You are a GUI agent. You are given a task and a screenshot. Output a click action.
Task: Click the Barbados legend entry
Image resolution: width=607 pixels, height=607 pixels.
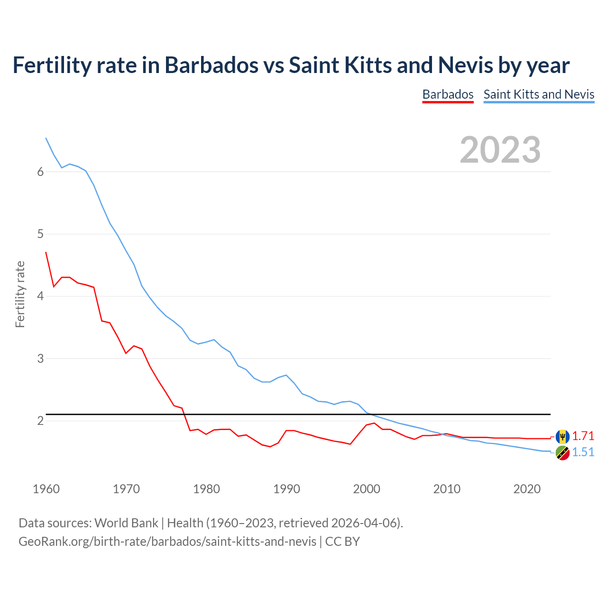(448, 94)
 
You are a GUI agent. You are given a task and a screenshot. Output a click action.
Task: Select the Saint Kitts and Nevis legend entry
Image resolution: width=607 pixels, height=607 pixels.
(539, 94)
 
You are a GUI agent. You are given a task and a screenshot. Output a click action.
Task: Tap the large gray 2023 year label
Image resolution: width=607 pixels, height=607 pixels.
(500, 150)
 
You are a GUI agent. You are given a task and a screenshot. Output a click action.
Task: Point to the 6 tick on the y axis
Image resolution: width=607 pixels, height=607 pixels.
(40, 172)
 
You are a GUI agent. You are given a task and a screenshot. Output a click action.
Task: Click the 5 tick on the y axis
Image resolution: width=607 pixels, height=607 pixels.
(40, 234)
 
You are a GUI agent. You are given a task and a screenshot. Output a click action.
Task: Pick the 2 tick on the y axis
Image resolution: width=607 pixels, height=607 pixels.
(40, 421)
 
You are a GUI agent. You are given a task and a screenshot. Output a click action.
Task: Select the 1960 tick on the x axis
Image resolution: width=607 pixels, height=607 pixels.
(46, 489)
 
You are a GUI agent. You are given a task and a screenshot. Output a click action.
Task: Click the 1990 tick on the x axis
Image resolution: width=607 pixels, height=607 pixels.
(286, 489)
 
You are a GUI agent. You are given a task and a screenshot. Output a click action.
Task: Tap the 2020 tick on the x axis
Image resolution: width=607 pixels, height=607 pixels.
(527, 489)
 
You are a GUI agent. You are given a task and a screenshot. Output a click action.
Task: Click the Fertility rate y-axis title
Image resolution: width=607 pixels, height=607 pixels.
(20, 294)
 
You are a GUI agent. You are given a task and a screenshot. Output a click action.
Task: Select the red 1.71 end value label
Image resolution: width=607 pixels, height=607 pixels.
(583, 436)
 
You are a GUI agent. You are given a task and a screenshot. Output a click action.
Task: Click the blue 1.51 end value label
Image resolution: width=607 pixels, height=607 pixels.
(583, 452)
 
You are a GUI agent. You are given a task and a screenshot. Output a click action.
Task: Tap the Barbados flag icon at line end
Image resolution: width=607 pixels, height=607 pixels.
(562, 436)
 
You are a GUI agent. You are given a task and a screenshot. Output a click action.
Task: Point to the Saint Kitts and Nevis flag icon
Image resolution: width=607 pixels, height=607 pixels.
(562, 453)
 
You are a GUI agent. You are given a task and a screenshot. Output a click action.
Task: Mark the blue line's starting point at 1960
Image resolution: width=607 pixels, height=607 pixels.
(46, 138)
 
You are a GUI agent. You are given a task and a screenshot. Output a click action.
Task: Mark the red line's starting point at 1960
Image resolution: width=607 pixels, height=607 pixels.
(46, 252)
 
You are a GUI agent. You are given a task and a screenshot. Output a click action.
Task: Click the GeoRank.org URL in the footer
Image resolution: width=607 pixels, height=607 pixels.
(167, 542)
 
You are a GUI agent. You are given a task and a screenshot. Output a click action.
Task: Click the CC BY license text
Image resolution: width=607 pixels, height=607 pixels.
(342, 542)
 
